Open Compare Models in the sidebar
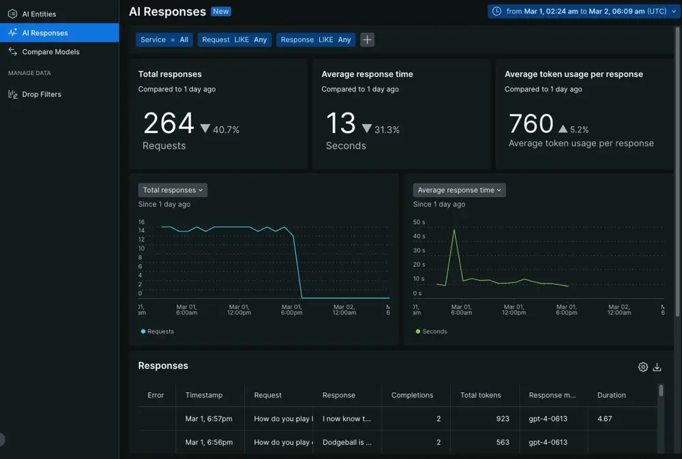50,52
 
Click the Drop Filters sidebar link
42,94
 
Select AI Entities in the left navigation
39,14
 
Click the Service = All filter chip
164,40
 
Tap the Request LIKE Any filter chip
235,40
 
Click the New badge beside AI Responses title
221,12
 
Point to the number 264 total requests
168,123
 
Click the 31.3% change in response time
387,130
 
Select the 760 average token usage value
531,123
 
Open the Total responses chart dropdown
173,190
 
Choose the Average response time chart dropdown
459,190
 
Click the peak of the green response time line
454,230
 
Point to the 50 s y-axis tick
419,222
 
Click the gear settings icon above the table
643,367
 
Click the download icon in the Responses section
657,367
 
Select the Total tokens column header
480,395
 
